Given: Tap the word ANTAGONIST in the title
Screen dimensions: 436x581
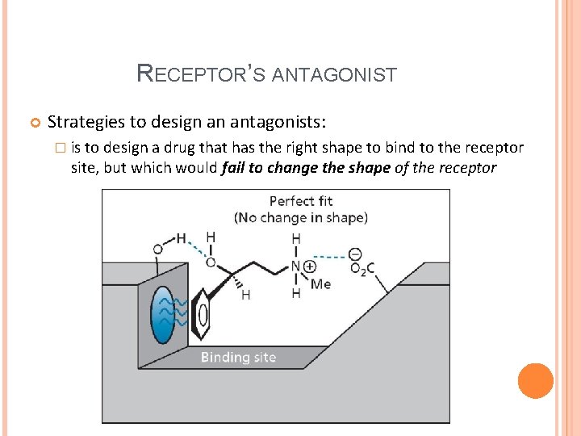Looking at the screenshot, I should point(334,76).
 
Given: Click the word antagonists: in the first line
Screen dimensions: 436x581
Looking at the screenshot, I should point(278,122).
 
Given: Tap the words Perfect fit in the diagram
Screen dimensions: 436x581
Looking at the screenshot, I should point(300,201).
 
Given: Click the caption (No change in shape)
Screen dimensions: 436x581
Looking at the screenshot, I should point(300,217).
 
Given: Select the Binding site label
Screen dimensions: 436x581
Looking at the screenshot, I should point(238,357).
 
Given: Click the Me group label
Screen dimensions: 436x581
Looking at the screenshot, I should point(320,284).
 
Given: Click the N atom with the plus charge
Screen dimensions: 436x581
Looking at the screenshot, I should point(296,266).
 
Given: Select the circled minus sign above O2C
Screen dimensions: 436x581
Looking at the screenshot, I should point(355,254).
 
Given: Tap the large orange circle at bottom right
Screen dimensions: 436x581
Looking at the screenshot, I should point(536,380).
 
